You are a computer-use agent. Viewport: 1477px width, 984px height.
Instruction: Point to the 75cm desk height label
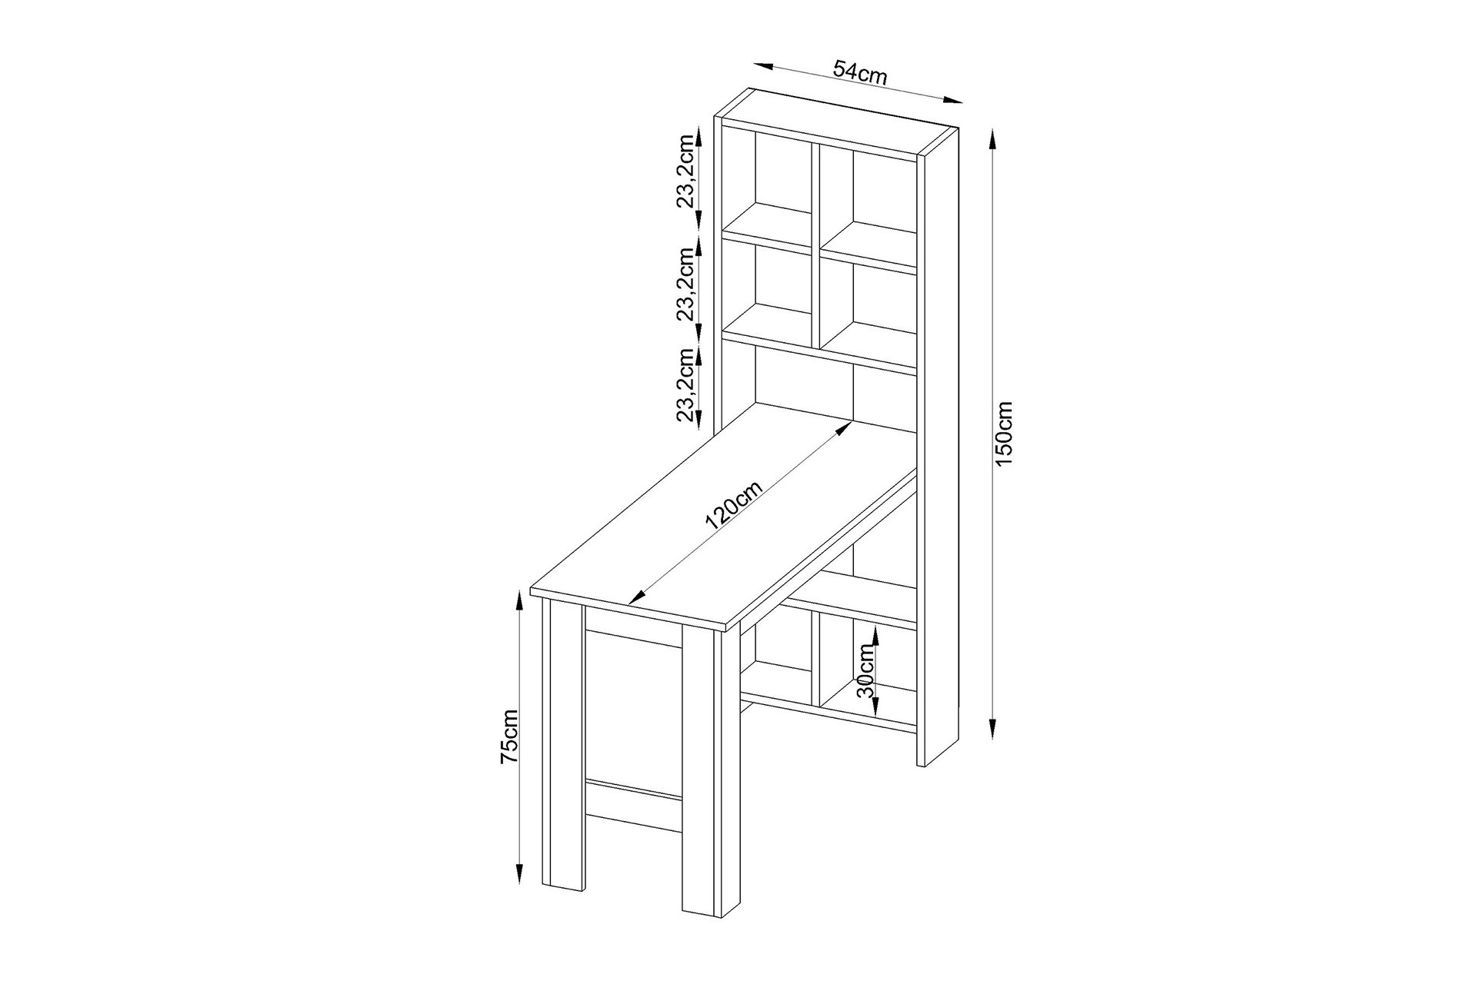click(510, 736)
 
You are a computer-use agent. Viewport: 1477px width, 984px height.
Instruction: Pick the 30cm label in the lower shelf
click(867, 670)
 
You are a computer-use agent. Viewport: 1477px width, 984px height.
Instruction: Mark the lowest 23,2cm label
click(686, 384)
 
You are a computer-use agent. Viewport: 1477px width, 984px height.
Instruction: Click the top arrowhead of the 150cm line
click(992, 140)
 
